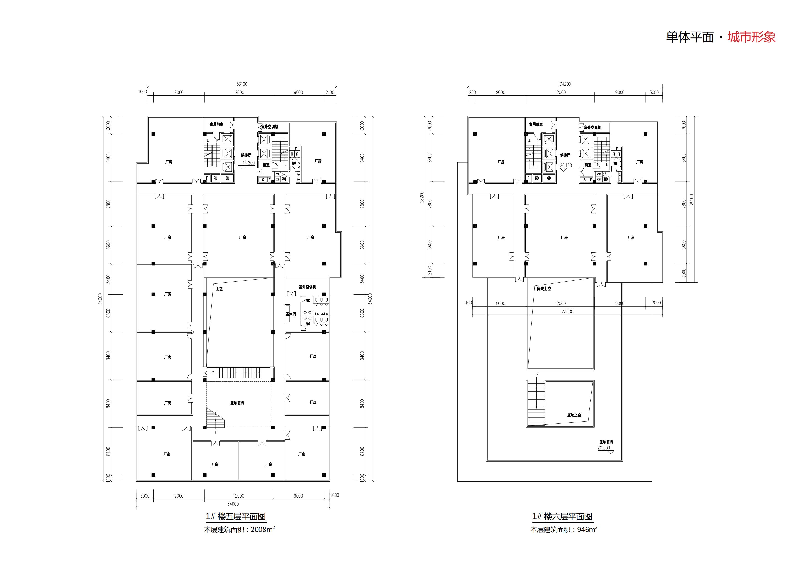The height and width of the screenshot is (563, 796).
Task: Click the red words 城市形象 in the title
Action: point(751,37)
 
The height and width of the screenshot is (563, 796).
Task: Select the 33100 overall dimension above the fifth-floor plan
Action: point(242,84)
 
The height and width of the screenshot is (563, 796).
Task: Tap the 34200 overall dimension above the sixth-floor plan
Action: point(565,84)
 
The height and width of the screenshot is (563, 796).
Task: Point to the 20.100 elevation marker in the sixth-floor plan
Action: point(566,165)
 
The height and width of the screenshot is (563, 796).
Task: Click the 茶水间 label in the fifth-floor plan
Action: point(291,314)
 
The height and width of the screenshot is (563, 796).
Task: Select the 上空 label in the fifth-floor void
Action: point(219,288)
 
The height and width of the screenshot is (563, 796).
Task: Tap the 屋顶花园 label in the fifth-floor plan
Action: point(237,403)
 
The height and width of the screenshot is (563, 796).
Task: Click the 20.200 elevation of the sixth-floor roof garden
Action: point(604,447)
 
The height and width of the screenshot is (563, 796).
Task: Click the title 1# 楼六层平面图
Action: point(562,517)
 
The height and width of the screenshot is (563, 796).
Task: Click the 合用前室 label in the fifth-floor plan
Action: point(216,124)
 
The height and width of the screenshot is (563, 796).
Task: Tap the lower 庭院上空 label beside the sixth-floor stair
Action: point(574,415)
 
